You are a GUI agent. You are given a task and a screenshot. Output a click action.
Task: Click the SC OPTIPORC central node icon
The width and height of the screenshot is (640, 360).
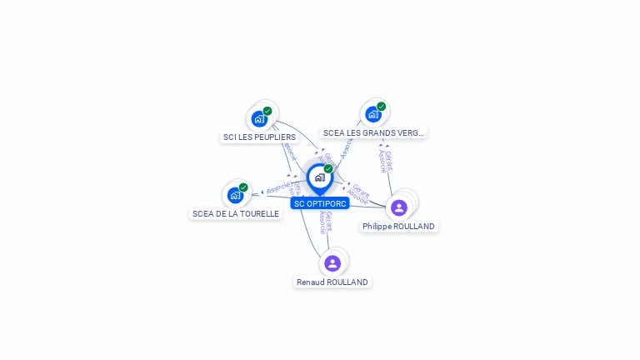pyautogui.click(x=319, y=177)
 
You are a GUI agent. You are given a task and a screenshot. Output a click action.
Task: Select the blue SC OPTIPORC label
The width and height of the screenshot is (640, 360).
pyautogui.click(x=320, y=203)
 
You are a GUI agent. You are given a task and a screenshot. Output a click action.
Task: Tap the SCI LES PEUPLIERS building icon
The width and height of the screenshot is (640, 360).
pyautogui.click(x=259, y=118)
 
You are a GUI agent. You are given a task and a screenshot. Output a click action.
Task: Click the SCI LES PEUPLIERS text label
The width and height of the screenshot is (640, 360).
pyautogui.click(x=259, y=137)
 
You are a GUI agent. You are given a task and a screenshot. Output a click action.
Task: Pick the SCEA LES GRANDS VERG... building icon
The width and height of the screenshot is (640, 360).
pyautogui.click(x=372, y=114)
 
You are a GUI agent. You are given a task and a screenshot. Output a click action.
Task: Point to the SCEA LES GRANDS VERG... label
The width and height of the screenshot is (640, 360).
pyautogui.click(x=373, y=132)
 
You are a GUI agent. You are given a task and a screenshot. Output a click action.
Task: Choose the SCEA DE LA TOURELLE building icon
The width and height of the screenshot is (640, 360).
pyautogui.click(x=236, y=195)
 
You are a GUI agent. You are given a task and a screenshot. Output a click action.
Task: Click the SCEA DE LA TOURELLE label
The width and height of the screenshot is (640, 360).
pyautogui.click(x=236, y=213)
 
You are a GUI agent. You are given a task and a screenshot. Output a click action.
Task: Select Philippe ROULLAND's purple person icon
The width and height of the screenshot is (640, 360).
pyautogui.click(x=398, y=207)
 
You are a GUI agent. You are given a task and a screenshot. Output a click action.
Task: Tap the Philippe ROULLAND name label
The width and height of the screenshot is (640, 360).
pyautogui.click(x=398, y=226)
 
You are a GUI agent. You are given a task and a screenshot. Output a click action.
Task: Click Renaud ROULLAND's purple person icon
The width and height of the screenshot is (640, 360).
pyautogui.click(x=332, y=263)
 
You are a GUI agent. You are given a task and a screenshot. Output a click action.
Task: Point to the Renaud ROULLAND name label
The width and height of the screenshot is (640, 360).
pyautogui.click(x=332, y=282)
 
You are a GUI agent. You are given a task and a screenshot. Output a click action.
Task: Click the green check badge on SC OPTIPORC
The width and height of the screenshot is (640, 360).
pyautogui.click(x=328, y=168)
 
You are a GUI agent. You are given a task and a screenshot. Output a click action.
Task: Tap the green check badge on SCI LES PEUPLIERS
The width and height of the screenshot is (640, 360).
pyautogui.click(x=267, y=111)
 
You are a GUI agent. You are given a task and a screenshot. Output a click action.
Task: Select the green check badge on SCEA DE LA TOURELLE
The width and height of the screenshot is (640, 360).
pyautogui.click(x=243, y=187)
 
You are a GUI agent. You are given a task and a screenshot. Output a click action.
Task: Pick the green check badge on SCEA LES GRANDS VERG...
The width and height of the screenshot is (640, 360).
pyautogui.click(x=381, y=107)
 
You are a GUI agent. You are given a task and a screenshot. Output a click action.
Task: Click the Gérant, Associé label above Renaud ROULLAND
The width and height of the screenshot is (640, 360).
pyautogui.click(x=326, y=222)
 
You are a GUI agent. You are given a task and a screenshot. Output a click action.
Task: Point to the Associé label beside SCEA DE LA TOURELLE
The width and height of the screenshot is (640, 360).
pyautogui.click(x=277, y=188)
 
